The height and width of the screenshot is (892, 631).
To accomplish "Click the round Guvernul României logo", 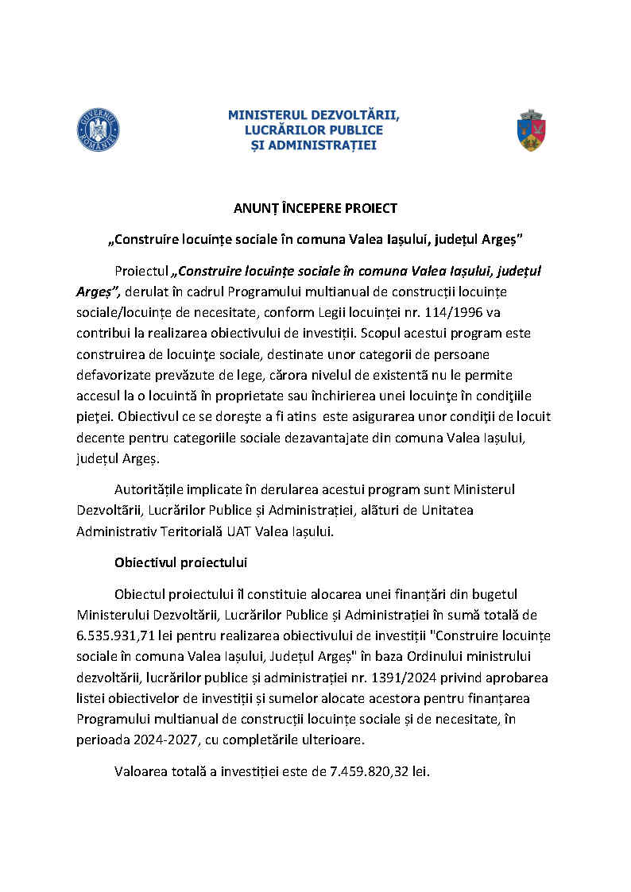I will pos(98,129).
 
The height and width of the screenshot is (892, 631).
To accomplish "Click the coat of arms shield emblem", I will pos(532,130).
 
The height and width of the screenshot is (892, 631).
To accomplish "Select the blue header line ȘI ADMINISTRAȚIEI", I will pos(314,145).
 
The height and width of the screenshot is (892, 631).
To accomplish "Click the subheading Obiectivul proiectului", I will pos(181,562).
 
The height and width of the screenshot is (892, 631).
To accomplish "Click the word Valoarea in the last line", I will pos(140,770).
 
